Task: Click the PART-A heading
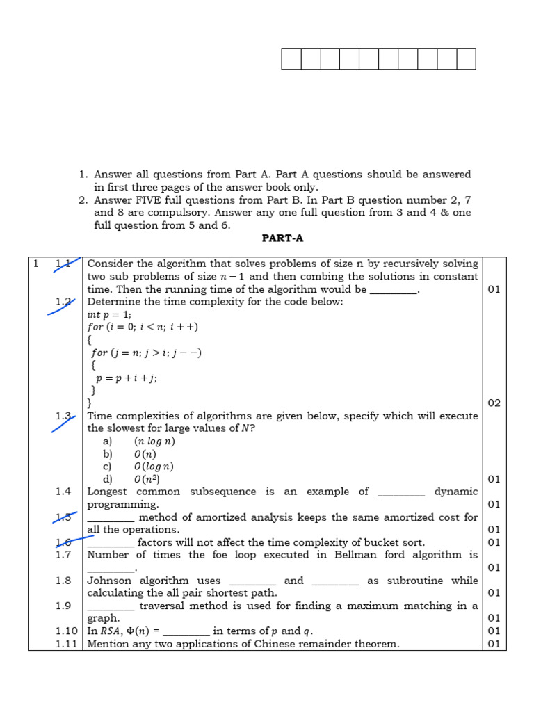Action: pyautogui.click(x=282, y=238)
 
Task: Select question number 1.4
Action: pyautogui.click(x=63, y=492)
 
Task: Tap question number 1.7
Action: pyautogui.click(x=63, y=555)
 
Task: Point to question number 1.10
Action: pyautogui.click(x=66, y=631)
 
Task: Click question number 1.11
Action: pyautogui.click(x=66, y=644)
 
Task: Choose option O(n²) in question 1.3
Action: pyautogui.click(x=147, y=479)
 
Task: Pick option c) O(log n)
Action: pyautogui.click(x=154, y=467)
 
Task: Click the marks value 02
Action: pyautogui.click(x=494, y=403)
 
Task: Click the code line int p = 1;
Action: pyautogui.click(x=109, y=314)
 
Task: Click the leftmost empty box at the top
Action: pyautogui.click(x=291, y=59)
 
